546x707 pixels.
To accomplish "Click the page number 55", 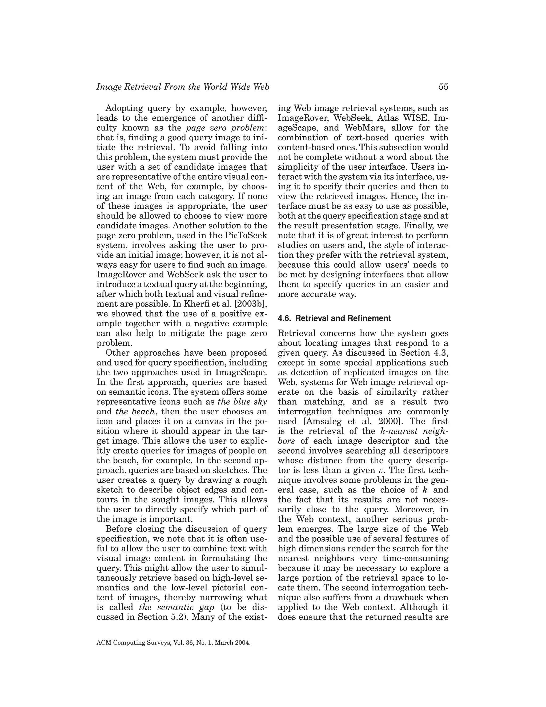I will pos(443,87).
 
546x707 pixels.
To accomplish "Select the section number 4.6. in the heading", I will pos(285,319).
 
